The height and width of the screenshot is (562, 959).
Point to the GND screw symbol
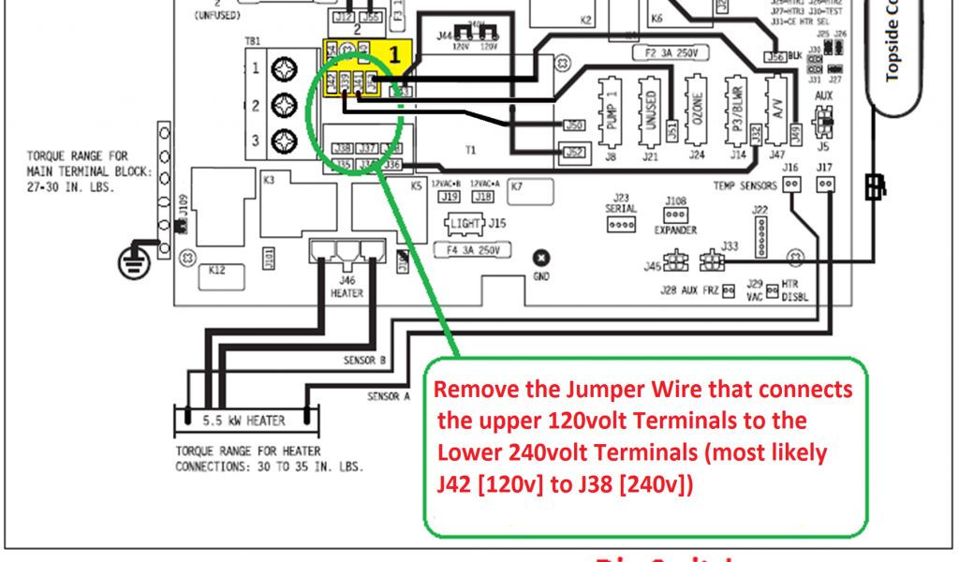point(540,259)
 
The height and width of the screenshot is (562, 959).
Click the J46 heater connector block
point(347,251)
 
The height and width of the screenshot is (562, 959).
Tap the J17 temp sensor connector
point(825,185)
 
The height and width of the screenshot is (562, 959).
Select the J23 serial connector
point(622,226)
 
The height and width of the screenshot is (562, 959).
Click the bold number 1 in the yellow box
point(395,55)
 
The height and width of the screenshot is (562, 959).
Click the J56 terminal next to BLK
point(775,56)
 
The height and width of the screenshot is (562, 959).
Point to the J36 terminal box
point(393,166)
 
